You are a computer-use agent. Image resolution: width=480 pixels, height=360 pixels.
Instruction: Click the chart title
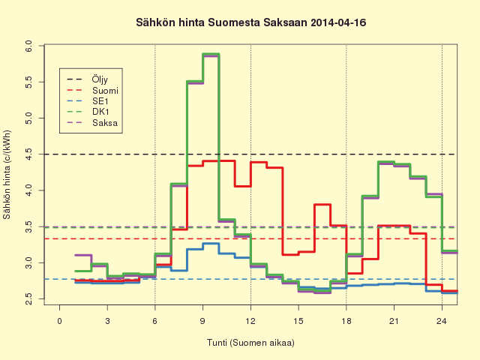[251, 22]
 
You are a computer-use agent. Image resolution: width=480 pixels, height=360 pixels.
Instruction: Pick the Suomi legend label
[105, 91]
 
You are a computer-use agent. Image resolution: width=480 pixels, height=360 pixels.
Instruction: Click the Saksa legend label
[105, 123]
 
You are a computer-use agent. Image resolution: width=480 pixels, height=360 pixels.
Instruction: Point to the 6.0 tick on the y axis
[28, 46]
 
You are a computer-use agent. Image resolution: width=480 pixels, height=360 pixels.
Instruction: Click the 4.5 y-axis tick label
[28, 154]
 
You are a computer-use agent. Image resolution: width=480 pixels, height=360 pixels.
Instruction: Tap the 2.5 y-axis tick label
[28, 298]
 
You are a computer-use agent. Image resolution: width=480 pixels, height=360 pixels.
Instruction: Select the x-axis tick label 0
[60, 321]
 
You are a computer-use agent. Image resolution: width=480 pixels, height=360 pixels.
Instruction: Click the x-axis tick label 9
[202, 321]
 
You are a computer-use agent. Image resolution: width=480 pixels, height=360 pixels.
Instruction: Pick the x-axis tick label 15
[298, 321]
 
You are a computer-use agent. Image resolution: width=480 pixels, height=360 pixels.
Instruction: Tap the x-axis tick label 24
[442, 321]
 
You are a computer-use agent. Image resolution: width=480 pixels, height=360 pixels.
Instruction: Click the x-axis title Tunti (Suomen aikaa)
[250, 343]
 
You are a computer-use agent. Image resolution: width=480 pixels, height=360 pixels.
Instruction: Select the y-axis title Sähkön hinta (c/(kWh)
[7, 175]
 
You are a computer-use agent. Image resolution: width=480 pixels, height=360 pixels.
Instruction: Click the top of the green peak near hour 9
[211, 54]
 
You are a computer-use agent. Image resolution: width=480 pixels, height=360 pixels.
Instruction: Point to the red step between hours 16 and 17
[322, 205]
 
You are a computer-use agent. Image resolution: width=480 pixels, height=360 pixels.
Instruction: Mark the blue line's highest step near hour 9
[211, 243]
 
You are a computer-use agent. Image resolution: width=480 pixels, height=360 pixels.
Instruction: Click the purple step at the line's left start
[83, 255]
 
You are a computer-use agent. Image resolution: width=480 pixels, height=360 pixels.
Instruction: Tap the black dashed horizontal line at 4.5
[251, 154]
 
